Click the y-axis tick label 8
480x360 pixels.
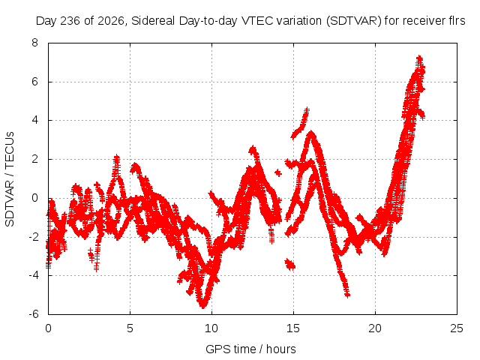(34, 43)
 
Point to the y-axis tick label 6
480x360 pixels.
(34, 82)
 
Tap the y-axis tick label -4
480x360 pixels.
(33, 275)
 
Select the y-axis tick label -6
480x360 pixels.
(33, 314)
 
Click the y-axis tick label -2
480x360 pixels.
(33, 237)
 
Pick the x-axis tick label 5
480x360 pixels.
(130, 328)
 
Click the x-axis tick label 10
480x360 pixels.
(211, 328)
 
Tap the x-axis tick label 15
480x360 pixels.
(293, 328)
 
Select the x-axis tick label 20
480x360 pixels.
(375, 328)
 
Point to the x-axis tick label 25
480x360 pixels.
(457, 328)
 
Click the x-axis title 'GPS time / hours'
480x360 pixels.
(250, 349)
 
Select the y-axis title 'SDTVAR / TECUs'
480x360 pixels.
(10, 179)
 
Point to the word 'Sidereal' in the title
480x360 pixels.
(153, 21)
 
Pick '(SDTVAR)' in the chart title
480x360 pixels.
(353, 21)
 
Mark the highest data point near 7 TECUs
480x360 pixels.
(419, 58)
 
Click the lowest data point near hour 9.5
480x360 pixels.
(202, 305)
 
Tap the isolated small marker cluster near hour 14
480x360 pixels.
(278, 173)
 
